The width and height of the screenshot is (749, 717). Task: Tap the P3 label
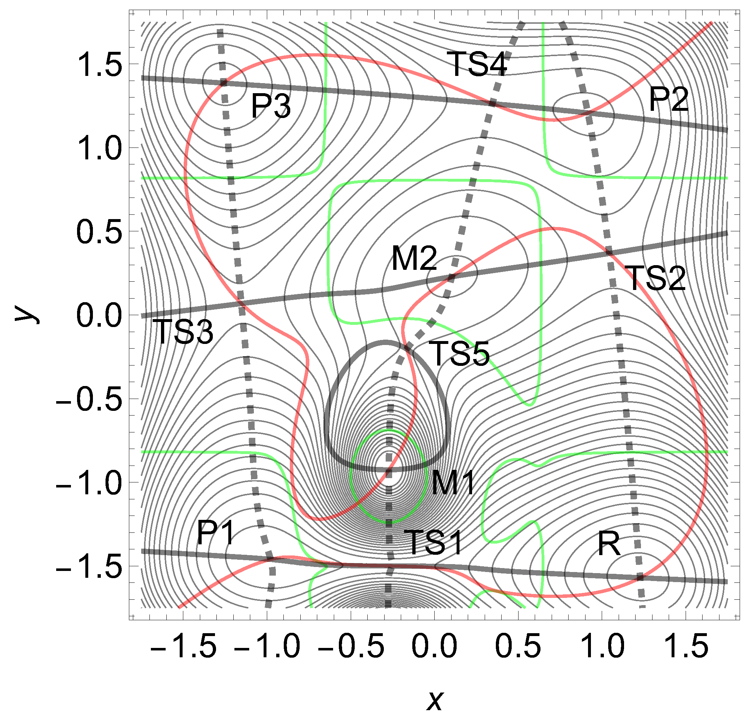(x=271, y=106)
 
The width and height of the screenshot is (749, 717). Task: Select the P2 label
(x=669, y=99)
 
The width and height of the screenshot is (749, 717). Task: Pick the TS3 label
(x=185, y=332)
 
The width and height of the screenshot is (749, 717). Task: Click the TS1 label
(x=435, y=543)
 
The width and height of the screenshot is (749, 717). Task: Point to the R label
(x=609, y=544)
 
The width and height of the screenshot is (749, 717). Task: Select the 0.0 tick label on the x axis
(x=435, y=646)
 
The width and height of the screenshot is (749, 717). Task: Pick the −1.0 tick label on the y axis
(x=89, y=482)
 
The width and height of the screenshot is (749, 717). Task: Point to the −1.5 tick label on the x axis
(x=183, y=646)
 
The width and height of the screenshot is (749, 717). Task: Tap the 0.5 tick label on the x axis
(x=518, y=646)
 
